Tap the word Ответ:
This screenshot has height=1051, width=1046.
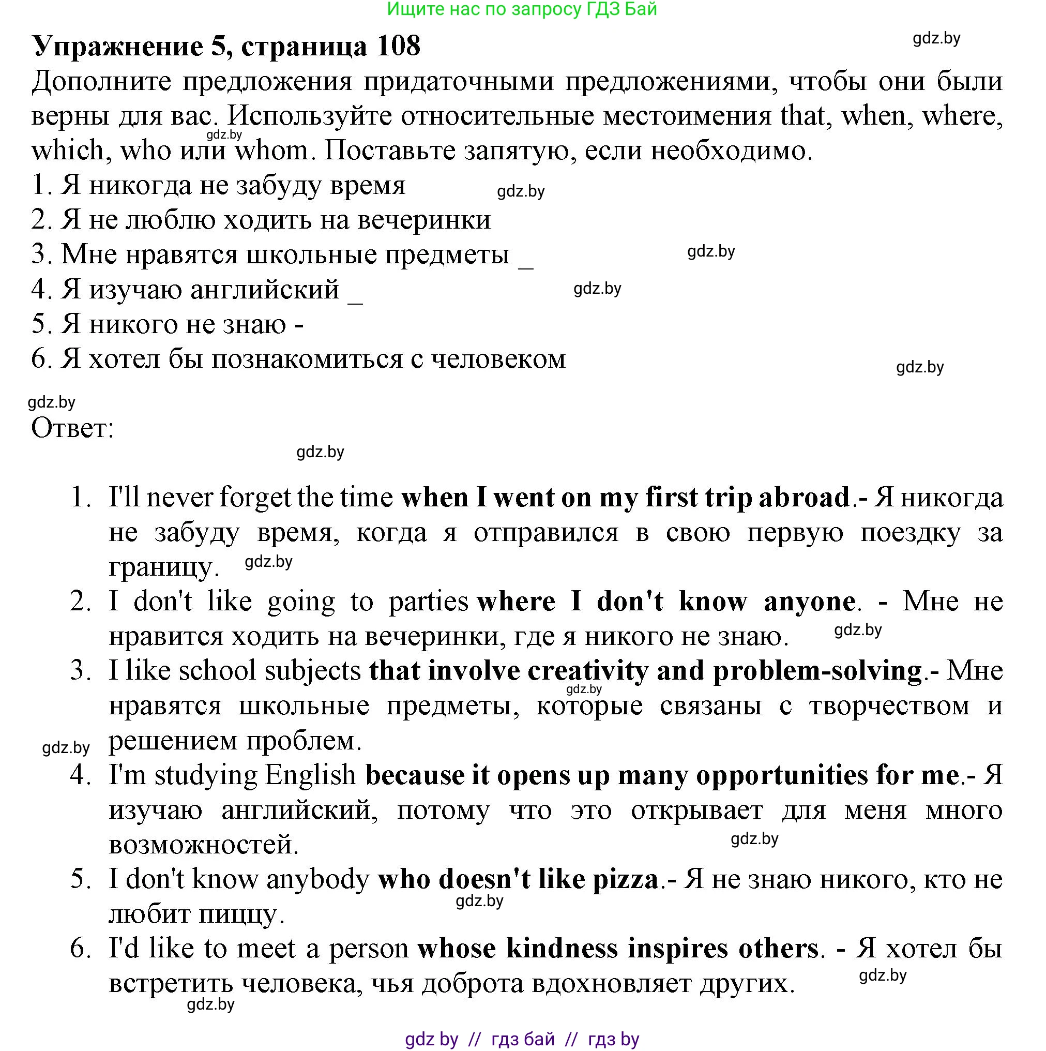(x=72, y=428)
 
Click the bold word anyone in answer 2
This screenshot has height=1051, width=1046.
(x=809, y=601)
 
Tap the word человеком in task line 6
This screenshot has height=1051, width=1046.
(x=498, y=359)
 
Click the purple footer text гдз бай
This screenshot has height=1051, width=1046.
(x=522, y=1039)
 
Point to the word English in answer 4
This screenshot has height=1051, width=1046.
(x=310, y=775)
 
